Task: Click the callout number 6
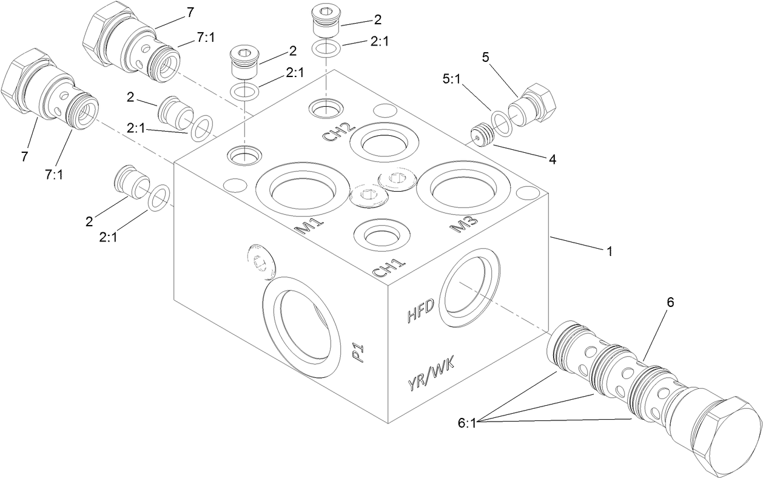[x=670, y=301]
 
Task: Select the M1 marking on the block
[x=308, y=227]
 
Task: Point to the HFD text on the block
[x=420, y=313]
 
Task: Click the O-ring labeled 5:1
[x=501, y=121]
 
